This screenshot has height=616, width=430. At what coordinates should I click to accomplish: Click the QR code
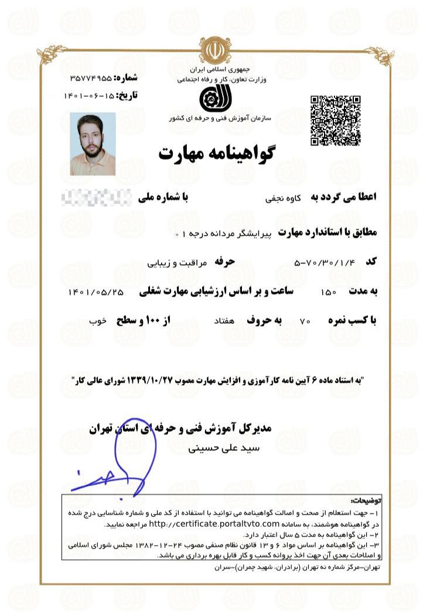335,120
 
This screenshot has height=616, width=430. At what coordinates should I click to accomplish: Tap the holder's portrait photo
93,144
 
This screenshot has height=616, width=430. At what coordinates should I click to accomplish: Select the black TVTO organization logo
213,97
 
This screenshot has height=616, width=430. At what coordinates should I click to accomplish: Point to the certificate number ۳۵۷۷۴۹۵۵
90,77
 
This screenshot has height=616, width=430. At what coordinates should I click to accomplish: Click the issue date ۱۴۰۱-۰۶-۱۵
89,95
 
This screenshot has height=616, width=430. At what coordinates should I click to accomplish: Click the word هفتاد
225,321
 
